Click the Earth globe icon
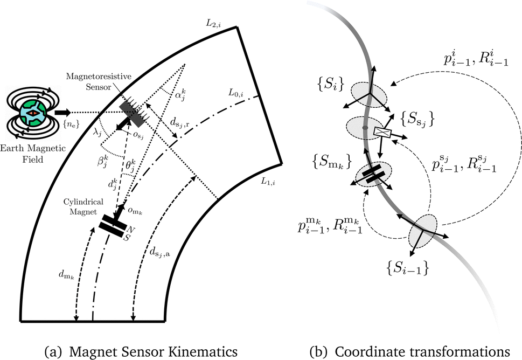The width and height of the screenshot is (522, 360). pyautogui.click(x=33, y=114)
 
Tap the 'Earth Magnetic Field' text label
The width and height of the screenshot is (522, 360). pyautogui.click(x=34, y=154)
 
